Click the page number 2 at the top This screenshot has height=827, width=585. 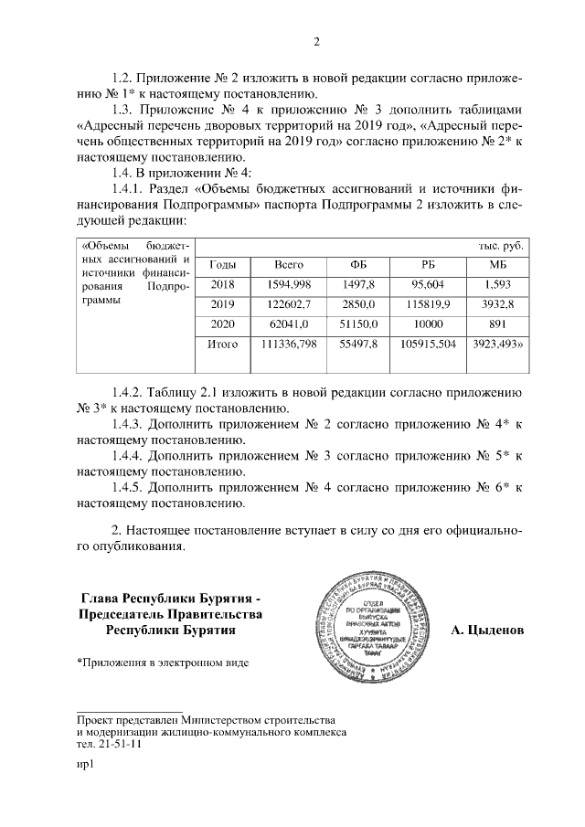click(315, 40)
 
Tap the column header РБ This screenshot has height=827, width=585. click(428, 264)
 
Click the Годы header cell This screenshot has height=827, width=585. click(223, 264)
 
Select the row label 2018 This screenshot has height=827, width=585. click(223, 284)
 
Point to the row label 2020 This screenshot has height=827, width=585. click(223, 323)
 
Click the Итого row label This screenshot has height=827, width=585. click(223, 345)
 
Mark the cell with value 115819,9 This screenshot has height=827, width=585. click(428, 303)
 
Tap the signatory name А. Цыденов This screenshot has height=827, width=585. click(488, 631)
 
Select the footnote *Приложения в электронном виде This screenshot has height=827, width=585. click(162, 661)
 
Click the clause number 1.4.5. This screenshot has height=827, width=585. click(128, 487)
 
